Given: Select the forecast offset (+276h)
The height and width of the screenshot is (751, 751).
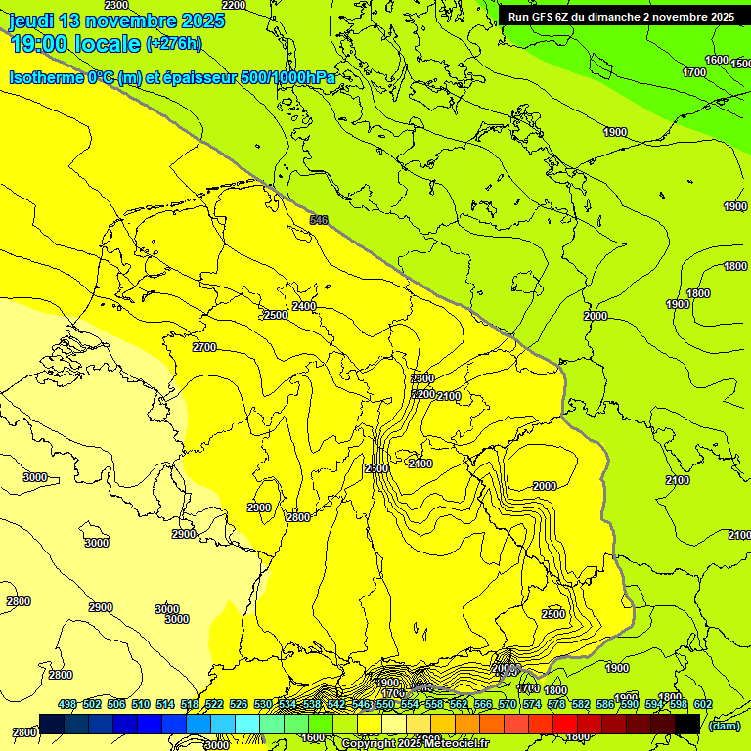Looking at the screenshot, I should (173, 43).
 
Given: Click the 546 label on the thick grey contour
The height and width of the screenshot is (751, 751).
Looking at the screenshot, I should (319, 220).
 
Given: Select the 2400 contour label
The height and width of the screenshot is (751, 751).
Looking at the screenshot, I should (304, 306).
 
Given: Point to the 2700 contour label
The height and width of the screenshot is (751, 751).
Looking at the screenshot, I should (204, 347).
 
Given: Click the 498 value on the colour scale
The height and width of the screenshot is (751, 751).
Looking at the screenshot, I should (67, 704).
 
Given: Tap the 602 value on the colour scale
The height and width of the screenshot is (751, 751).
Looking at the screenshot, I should (703, 704).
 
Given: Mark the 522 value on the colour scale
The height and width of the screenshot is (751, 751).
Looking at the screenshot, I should (214, 704).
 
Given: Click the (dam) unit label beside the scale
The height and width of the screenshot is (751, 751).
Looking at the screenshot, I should (725, 725).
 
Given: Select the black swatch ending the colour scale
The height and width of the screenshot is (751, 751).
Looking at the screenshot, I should (686, 724).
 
